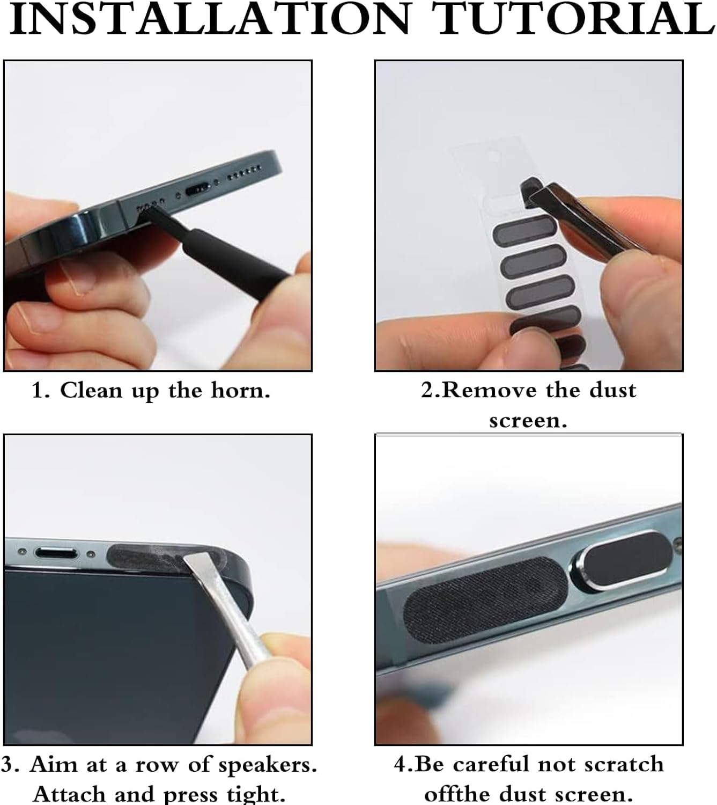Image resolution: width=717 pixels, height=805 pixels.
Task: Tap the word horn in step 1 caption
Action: point(241,391)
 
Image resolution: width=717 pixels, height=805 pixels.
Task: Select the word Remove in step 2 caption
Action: point(490,390)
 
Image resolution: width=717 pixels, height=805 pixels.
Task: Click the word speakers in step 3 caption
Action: point(268,765)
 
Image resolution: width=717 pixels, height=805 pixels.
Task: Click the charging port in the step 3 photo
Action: point(56,553)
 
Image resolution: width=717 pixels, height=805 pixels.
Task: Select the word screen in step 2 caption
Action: point(528,421)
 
